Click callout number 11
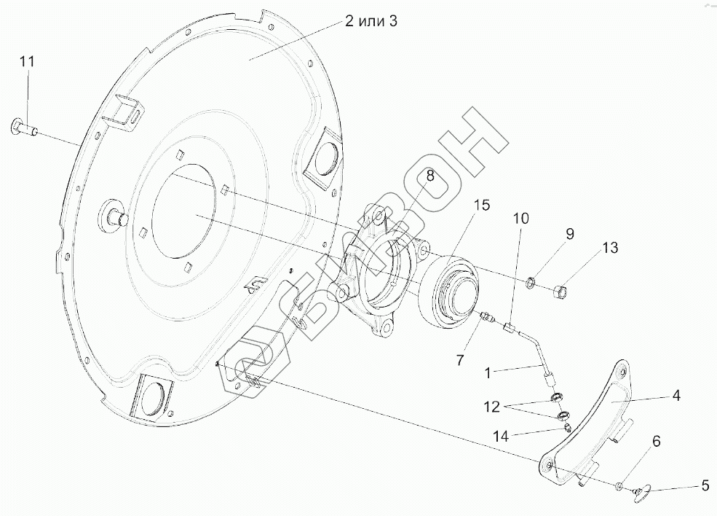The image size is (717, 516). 27,62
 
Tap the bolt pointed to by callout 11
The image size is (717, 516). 24,130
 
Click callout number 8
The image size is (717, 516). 430,175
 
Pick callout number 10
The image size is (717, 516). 520,218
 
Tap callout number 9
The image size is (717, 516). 570,234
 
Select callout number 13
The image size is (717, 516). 610,249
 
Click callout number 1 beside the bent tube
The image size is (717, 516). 493,372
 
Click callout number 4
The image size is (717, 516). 676,396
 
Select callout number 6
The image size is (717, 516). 656,441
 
